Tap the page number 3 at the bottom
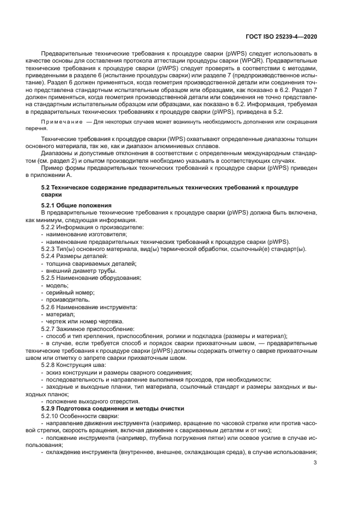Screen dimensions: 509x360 315,463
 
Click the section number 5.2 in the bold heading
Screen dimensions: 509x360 47,187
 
